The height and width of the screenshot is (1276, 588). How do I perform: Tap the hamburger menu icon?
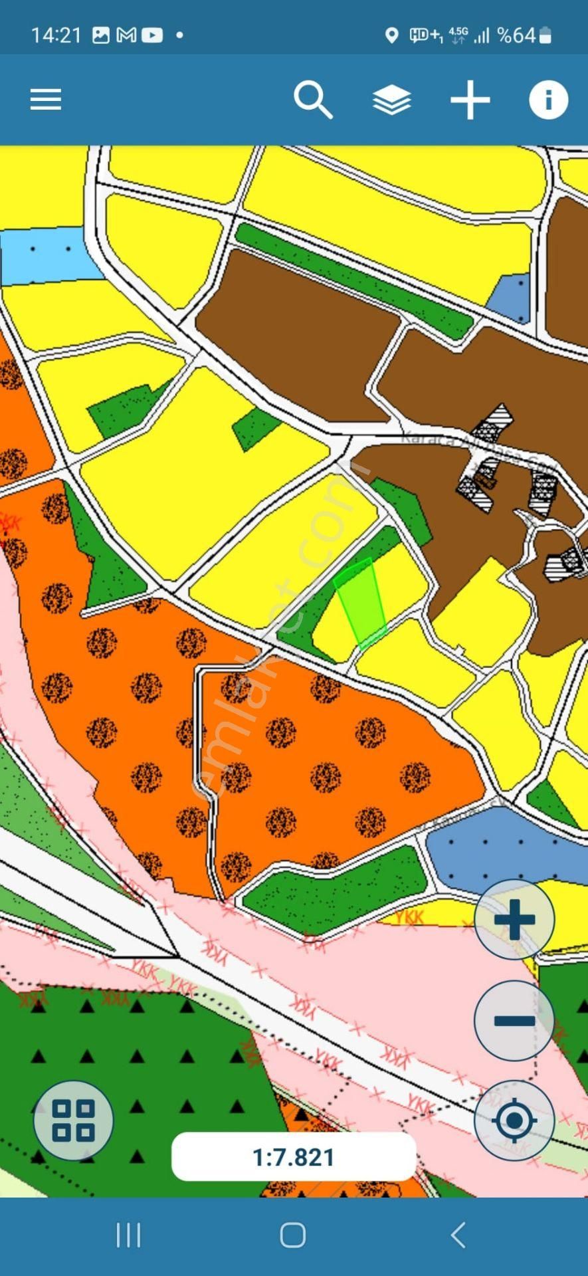pos(46,100)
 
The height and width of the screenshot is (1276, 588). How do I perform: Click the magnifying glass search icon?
pos(313,100)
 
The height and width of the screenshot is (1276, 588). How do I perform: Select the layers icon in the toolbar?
pos(391,100)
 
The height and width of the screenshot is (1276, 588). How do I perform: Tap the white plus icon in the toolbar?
pos(470,100)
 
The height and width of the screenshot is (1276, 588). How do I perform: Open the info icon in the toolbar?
pos(548,100)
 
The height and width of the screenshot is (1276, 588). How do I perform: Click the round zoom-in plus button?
pos(514,920)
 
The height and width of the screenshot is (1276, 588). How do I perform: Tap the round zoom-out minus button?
pos(514,1020)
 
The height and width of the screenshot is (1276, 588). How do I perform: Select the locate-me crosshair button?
pos(514,1120)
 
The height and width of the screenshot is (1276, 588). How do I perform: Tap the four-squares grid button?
pos(73,1120)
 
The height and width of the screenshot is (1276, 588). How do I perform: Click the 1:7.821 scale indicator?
pos(294,1157)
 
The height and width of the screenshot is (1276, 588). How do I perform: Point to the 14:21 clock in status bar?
pos(56,35)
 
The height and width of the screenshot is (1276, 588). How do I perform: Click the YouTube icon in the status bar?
pos(152,35)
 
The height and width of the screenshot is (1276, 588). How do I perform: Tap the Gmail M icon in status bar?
pos(126,35)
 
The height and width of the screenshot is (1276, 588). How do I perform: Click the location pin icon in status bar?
pos(392,35)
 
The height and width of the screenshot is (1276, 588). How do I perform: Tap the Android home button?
pos(293,1235)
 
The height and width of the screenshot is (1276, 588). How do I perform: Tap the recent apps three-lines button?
pos(128,1235)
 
